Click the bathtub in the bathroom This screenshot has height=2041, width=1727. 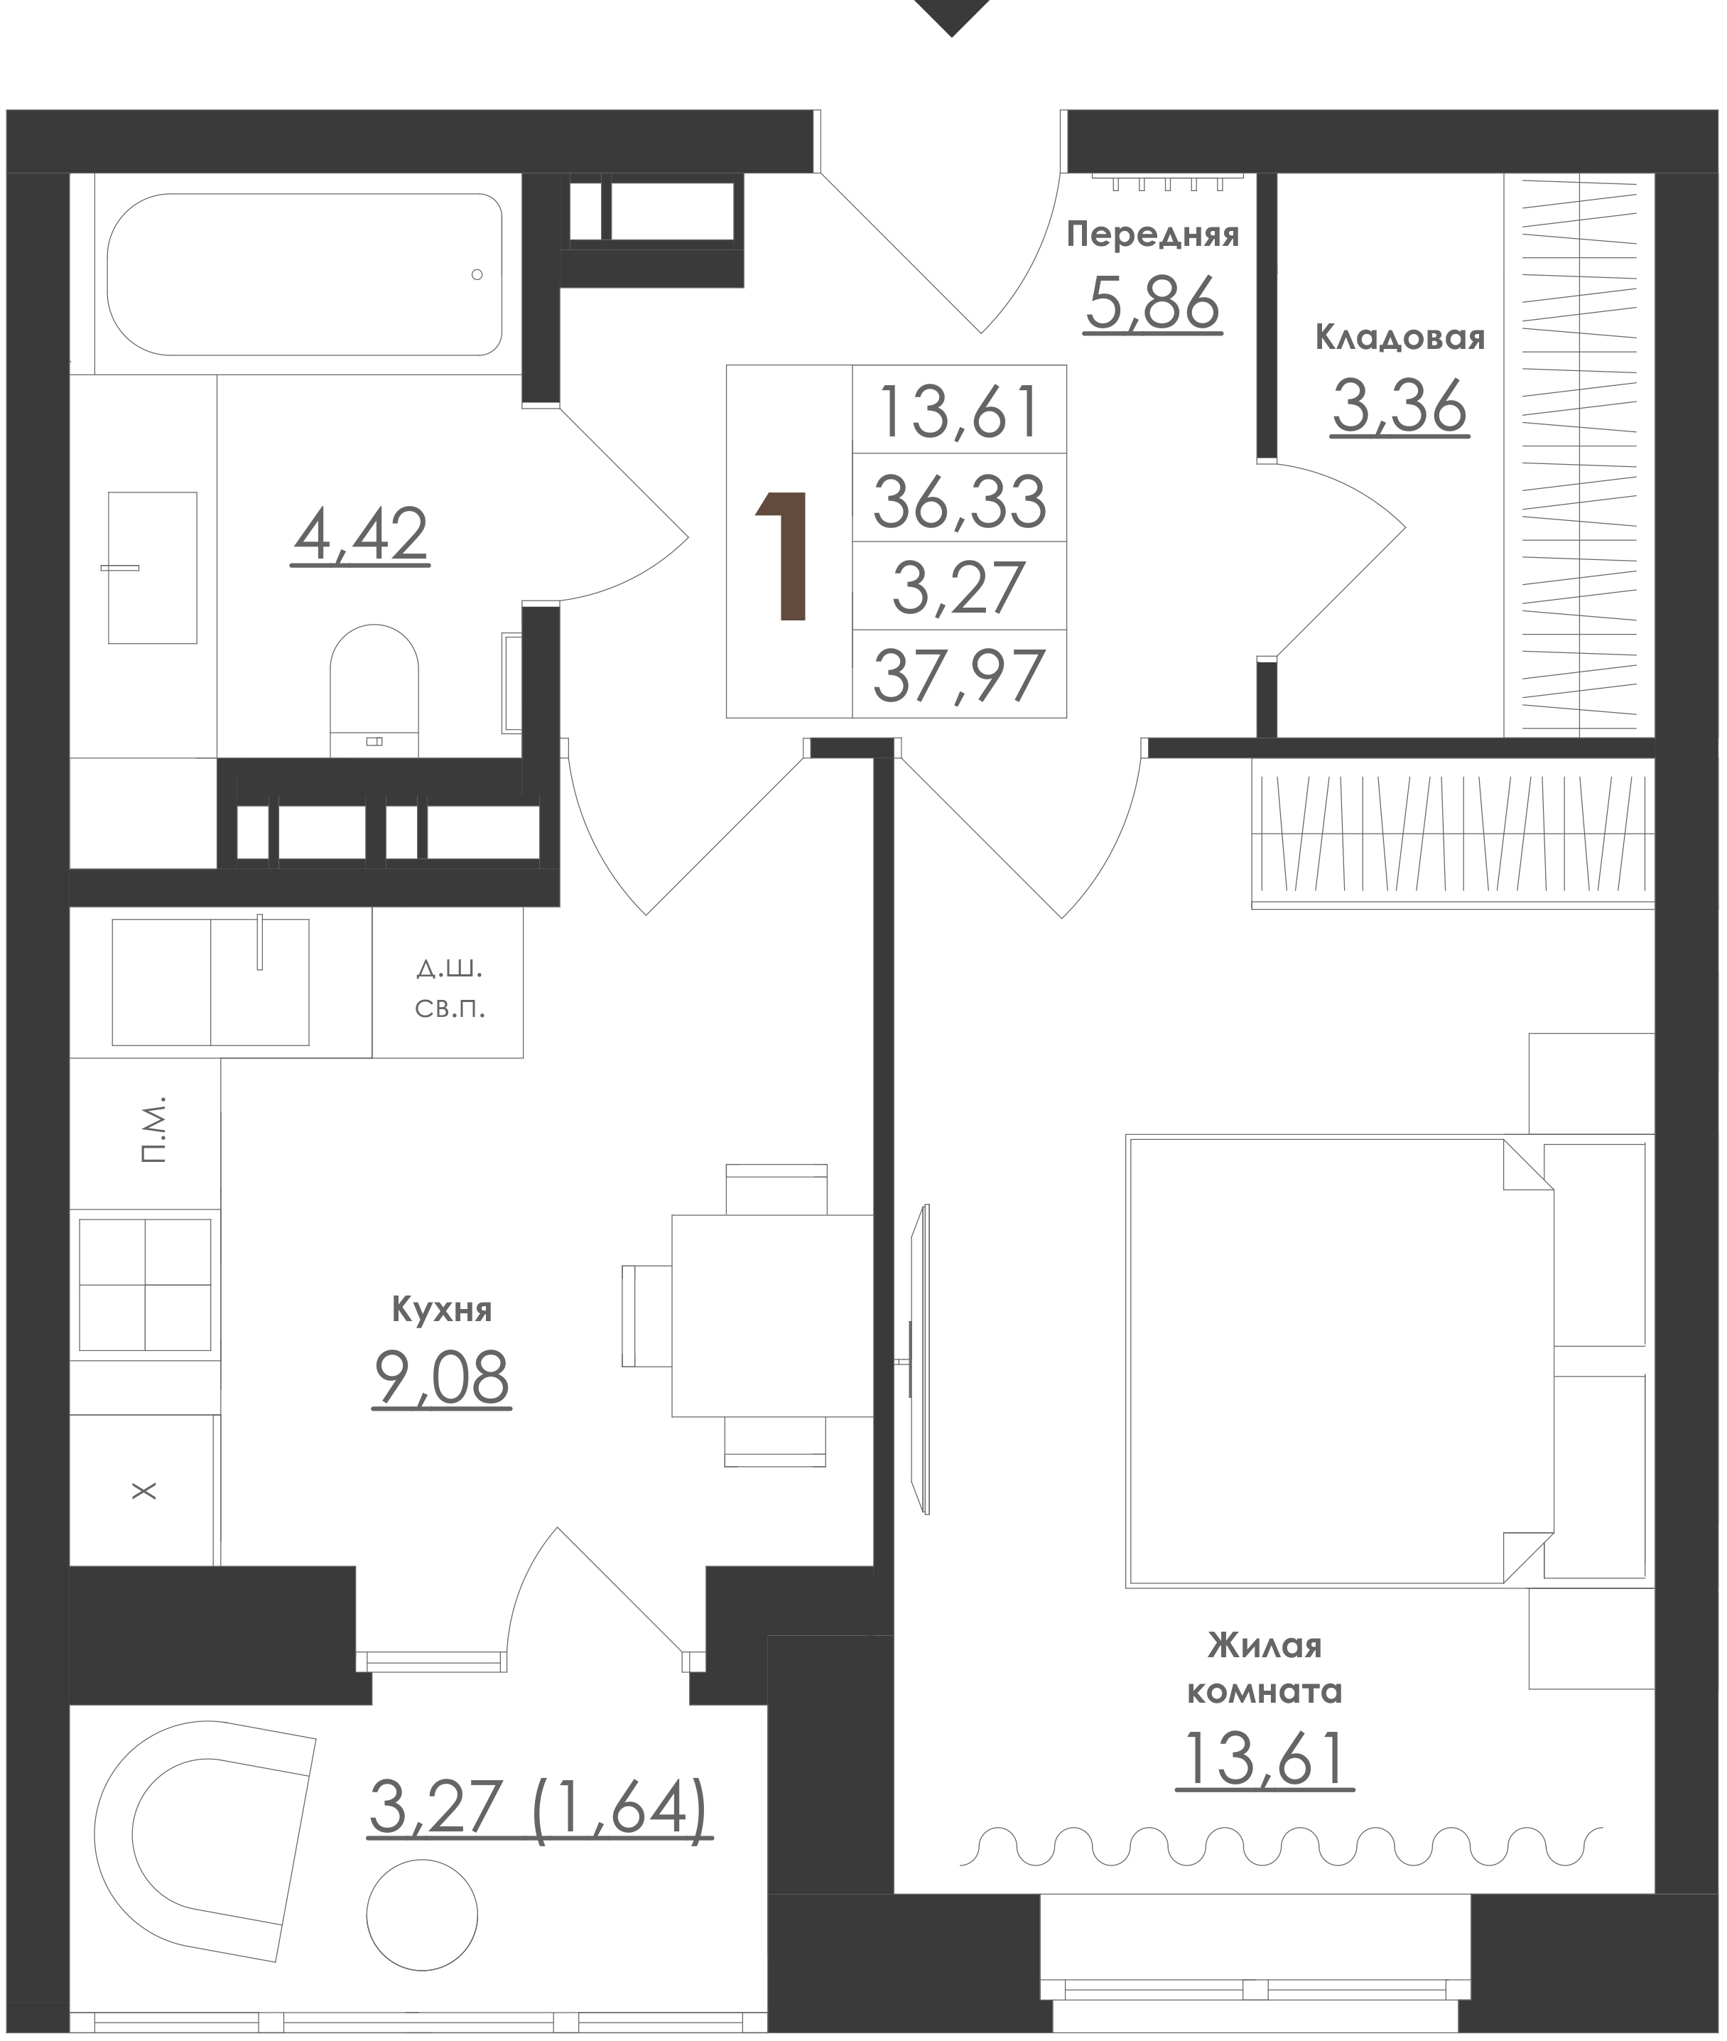pyautogui.click(x=305, y=274)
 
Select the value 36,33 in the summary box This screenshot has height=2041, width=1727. pyautogui.click(x=960, y=500)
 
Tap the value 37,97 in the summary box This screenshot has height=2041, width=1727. pyautogui.click(x=960, y=676)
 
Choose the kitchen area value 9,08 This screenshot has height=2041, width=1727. pyautogui.click(x=442, y=1377)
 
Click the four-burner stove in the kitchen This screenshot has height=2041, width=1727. pyautogui.click(x=145, y=1285)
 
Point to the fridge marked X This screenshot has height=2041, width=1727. pyautogui.click(x=145, y=1490)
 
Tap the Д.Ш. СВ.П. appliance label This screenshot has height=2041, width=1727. pyautogui.click(x=450, y=989)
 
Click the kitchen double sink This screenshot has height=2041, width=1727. pyautogui.click(x=210, y=981)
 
